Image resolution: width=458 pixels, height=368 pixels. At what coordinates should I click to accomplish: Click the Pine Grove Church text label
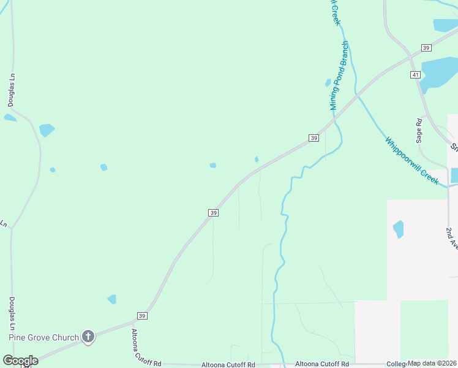(43, 337)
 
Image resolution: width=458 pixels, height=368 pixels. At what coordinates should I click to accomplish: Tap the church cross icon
(88, 336)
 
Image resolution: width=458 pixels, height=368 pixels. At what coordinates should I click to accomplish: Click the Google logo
(20, 361)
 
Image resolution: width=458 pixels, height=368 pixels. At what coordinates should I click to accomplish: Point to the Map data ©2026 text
(432, 363)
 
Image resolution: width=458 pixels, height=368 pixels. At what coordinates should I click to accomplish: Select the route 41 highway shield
(415, 74)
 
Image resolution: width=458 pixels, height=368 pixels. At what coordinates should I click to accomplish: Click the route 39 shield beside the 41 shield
(427, 48)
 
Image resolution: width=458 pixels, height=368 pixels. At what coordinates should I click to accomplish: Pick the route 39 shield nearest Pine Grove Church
(142, 316)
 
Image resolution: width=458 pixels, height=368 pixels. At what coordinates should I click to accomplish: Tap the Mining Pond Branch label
(338, 75)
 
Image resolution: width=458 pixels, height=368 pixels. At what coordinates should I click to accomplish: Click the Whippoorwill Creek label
(411, 160)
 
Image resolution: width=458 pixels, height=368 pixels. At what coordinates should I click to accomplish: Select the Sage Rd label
(419, 131)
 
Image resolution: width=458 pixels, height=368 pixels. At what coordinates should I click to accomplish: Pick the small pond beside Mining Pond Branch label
(328, 83)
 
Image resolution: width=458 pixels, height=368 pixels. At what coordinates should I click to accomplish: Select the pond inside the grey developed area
(399, 229)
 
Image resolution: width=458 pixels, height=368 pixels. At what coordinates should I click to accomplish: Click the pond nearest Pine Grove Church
(112, 299)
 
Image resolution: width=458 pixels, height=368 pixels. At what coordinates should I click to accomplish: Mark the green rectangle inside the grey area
(424, 330)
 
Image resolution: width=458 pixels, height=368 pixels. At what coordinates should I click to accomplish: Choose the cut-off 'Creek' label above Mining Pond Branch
(336, 12)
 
